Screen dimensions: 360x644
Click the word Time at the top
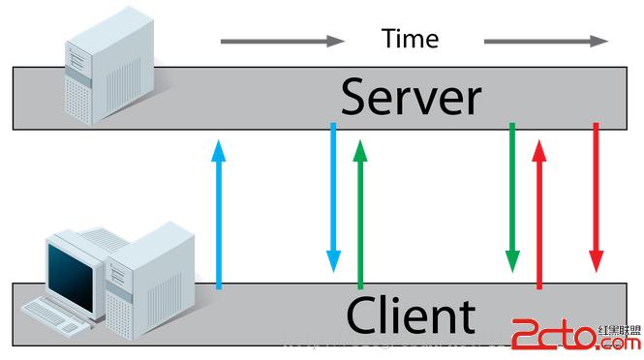410,39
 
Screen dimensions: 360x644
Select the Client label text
411,315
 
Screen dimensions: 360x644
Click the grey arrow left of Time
282,41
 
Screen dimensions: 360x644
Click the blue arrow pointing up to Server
219,213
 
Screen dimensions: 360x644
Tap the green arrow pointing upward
360,213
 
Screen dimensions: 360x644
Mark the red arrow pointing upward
539,213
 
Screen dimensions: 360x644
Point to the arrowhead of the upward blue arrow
219,147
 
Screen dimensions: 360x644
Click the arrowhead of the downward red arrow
596,261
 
